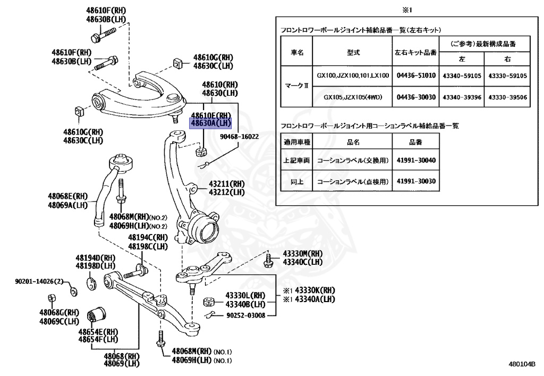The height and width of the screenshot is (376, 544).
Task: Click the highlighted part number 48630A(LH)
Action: (x=210, y=123)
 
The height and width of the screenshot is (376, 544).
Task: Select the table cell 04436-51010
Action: (x=416, y=76)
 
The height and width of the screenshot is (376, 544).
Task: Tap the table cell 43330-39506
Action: (x=507, y=97)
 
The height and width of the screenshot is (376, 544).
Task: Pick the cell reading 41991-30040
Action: (x=416, y=160)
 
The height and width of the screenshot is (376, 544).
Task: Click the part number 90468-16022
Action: (x=240, y=137)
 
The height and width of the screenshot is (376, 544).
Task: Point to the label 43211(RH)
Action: (x=226, y=184)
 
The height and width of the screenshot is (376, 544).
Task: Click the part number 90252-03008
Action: (x=245, y=315)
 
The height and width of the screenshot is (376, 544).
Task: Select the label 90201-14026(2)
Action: (x=39, y=281)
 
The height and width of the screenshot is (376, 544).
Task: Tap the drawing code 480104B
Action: (x=522, y=364)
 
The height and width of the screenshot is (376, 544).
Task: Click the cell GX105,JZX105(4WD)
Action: (x=353, y=97)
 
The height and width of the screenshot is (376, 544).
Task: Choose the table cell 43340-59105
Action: (x=462, y=76)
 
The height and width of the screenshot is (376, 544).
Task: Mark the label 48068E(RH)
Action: (x=67, y=196)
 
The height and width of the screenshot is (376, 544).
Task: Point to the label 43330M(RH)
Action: (x=302, y=254)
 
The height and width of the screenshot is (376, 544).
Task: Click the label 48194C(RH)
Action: (x=148, y=238)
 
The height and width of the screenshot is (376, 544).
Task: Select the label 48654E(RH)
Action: (x=98, y=332)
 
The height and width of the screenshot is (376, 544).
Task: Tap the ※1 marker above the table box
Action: (x=406, y=11)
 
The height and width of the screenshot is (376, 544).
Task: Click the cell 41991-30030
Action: (x=416, y=181)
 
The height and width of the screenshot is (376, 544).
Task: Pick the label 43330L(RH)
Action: (x=245, y=296)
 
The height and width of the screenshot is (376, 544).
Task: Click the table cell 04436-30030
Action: (x=416, y=97)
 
